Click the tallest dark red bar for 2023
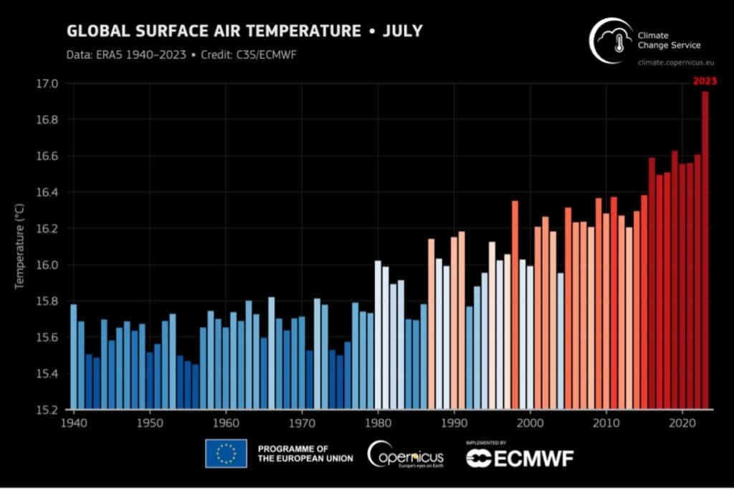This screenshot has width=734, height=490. (705, 251)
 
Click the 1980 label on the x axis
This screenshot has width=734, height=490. (378, 423)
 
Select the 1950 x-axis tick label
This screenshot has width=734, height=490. (149, 423)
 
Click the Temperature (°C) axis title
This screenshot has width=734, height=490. (20, 246)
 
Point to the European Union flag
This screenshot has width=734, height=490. (226, 453)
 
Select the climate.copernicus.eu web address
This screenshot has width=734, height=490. (672, 63)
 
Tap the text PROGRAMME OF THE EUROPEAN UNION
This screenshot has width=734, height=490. (305, 453)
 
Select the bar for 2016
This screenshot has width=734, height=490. (652, 283)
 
